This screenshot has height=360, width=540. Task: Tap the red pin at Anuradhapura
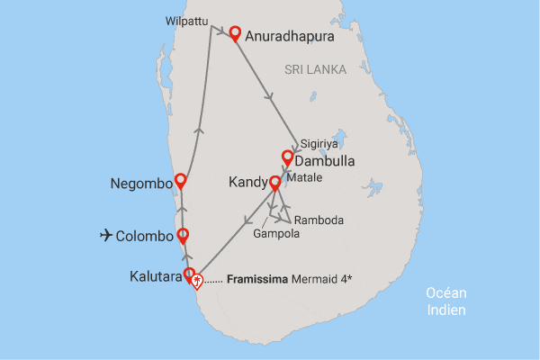(235, 34)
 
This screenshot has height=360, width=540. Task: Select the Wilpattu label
(184, 19)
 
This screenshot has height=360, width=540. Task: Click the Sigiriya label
(319, 142)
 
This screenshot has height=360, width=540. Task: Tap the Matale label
(304, 178)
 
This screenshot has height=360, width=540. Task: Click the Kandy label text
(247, 183)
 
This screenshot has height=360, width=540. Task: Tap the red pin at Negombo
(181, 180)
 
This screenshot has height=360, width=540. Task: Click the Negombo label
(140, 184)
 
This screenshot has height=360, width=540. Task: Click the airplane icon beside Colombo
(107, 236)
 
